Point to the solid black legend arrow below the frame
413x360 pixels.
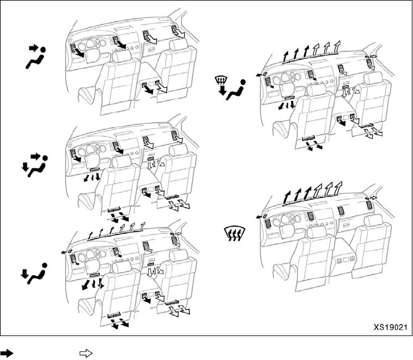pos(10,354)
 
